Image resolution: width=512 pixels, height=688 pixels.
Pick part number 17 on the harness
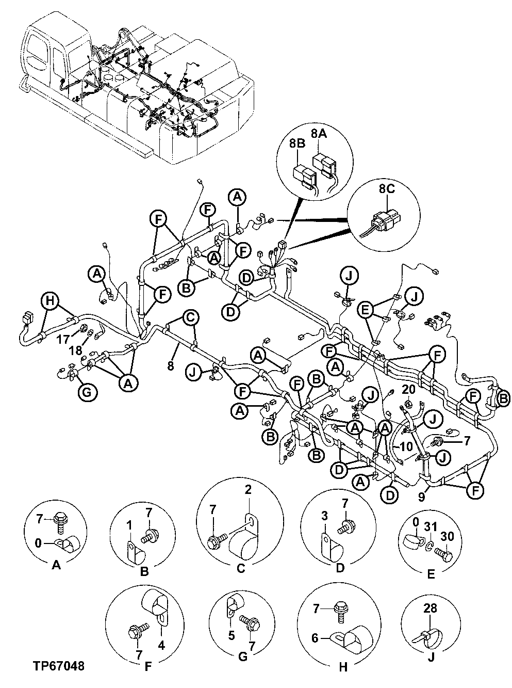[62, 340]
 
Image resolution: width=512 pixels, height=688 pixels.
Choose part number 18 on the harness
[75, 350]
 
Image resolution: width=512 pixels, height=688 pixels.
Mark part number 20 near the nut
[408, 389]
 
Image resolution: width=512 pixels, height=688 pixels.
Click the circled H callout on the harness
[49, 301]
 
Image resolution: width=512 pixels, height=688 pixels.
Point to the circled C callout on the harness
[190, 317]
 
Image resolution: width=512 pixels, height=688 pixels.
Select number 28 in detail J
[430, 609]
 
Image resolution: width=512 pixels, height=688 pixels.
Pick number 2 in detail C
[248, 490]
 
